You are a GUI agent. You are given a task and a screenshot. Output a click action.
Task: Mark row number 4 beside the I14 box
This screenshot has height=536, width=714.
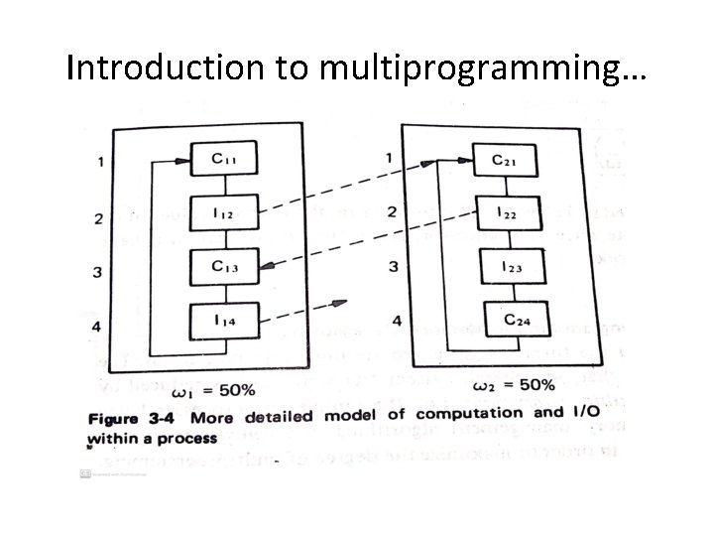coord(97,326)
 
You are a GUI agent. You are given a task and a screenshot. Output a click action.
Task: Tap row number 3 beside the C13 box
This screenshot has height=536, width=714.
coord(97,271)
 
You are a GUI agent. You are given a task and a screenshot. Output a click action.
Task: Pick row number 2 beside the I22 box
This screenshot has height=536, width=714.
coord(393,211)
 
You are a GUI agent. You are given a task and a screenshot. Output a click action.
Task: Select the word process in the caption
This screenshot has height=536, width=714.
coord(184,436)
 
